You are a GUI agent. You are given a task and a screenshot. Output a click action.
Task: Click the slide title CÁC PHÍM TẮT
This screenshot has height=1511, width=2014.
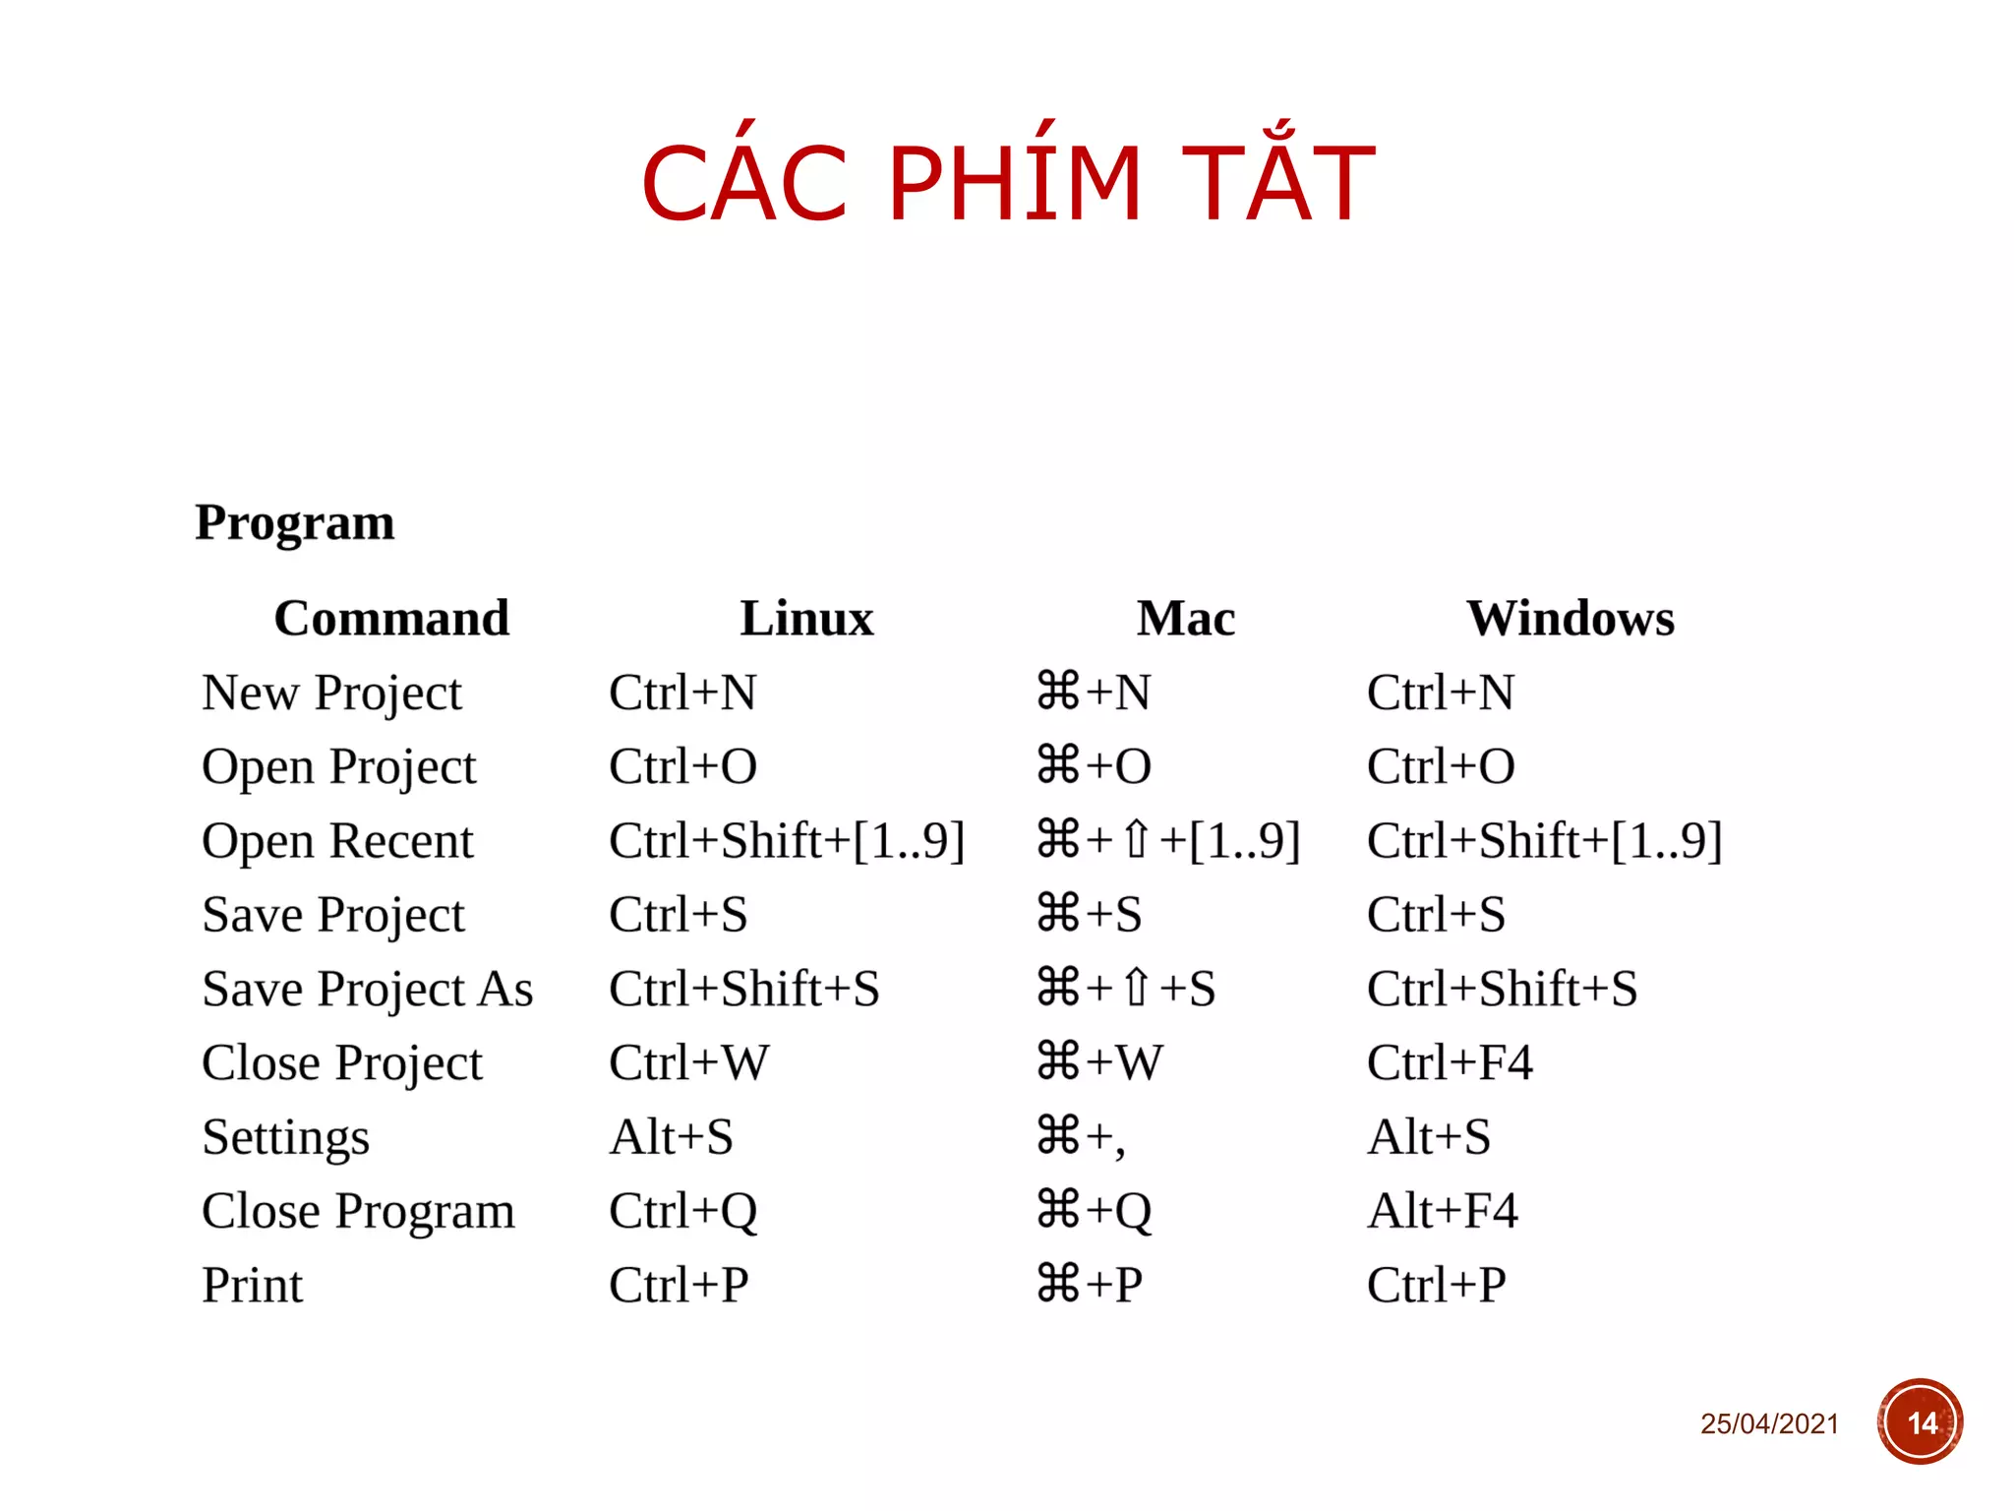tap(1007, 183)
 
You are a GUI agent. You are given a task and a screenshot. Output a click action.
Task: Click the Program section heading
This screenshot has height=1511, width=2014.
tap(294, 522)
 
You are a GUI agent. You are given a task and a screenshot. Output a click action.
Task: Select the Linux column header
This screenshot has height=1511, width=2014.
tap(806, 619)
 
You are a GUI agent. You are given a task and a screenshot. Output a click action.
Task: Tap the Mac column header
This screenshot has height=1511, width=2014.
tap(1186, 619)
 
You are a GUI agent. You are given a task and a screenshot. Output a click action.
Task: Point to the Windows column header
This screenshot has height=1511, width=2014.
tap(1570, 619)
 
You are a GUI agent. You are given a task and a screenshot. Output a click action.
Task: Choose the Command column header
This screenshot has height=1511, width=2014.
tap(391, 619)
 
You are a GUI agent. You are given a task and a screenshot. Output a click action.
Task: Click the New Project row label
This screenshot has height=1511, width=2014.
tap(331, 694)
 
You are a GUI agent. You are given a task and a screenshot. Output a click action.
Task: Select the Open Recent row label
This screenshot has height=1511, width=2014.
tap(337, 842)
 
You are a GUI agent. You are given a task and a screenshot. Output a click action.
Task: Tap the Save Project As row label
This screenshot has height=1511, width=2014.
tap(367, 990)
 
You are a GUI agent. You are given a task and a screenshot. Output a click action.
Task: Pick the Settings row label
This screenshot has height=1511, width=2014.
tap(285, 1138)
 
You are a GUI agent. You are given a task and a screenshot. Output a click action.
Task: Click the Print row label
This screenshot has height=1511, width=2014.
tap(253, 1286)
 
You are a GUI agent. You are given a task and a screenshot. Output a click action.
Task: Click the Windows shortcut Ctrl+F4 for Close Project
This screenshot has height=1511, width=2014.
tap(1450, 1063)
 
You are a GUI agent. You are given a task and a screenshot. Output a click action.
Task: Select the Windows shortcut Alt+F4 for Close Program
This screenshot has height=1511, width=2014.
tap(1443, 1211)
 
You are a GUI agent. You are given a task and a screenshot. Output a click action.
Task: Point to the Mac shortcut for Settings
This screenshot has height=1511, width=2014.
tap(1081, 1138)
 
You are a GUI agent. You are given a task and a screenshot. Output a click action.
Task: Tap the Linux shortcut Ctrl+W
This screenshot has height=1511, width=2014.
tap(688, 1063)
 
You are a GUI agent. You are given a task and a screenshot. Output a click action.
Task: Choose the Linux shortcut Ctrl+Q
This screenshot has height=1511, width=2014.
tap(682, 1212)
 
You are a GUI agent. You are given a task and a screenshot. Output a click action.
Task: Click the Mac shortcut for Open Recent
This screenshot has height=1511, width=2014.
tap(1168, 842)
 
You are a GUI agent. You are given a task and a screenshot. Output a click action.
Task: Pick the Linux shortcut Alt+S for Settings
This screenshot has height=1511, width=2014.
tap(671, 1138)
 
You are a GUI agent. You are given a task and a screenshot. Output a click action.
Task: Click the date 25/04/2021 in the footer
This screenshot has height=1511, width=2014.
tap(1769, 1423)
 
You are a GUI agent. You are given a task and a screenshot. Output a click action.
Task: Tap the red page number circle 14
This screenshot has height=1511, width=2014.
tap(1920, 1422)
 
